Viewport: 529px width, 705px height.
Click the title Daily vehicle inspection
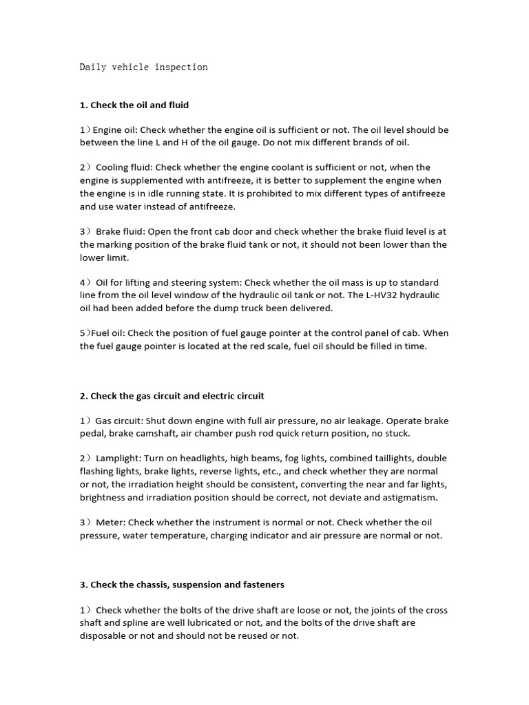coord(143,67)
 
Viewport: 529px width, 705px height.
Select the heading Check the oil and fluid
coord(134,105)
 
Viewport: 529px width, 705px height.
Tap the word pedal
coord(94,434)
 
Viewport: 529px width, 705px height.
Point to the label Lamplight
coord(118,459)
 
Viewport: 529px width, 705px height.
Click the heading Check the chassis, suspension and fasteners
coord(182,585)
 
